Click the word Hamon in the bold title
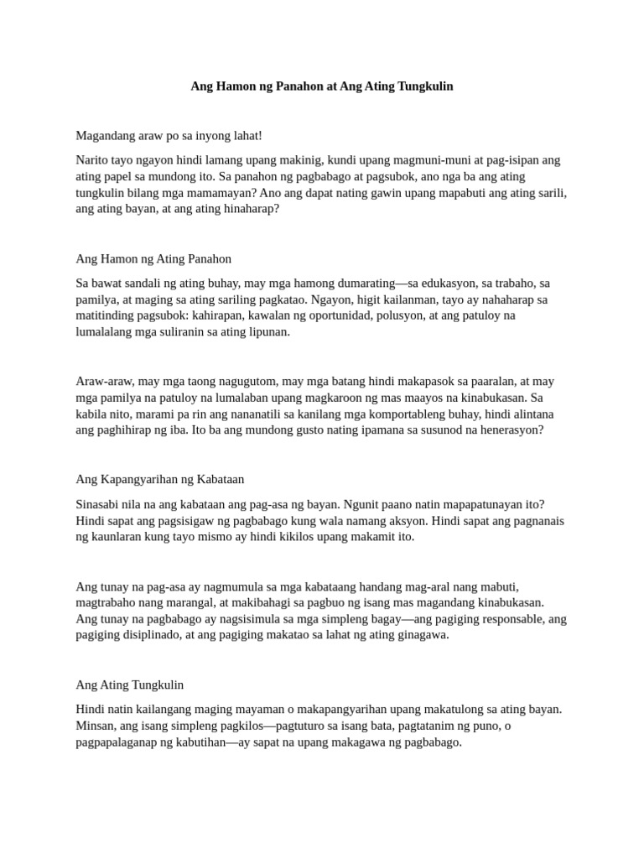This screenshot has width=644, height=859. click(x=231, y=86)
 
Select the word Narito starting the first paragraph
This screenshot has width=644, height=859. click(x=92, y=159)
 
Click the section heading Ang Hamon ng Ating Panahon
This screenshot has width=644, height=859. click(x=153, y=258)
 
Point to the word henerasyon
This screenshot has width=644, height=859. click(x=508, y=429)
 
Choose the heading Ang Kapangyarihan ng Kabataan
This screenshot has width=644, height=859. click(x=159, y=479)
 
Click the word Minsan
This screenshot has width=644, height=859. click(x=96, y=726)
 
